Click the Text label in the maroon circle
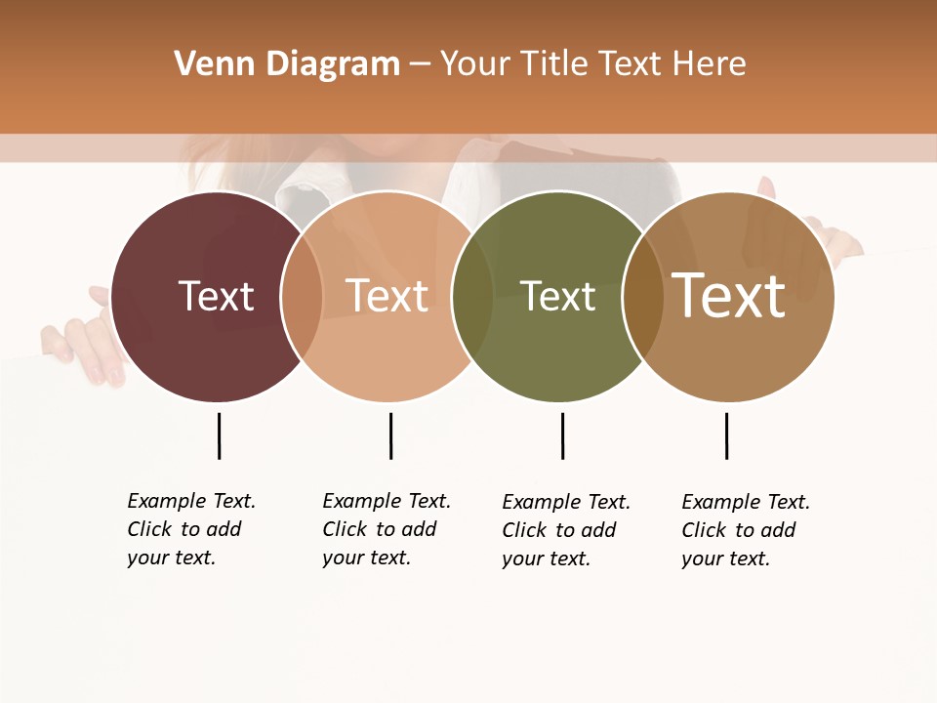pyautogui.click(x=216, y=296)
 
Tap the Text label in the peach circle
pyautogui.click(x=387, y=296)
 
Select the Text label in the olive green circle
pyautogui.click(x=557, y=296)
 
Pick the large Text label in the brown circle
pyautogui.click(x=729, y=296)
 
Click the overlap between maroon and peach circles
pyautogui.click(x=303, y=297)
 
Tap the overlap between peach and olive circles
pyautogui.click(x=472, y=297)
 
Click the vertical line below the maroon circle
pyautogui.click(x=219, y=435)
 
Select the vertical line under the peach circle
pyautogui.click(x=390, y=435)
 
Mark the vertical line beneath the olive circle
pyautogui.click(x=562, y=435)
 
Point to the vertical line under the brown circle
pyautogui.click(x=726, y=435)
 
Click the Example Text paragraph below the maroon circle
pyautogui.click(x=190, y=529)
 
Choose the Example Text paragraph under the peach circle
pyautogui.click(x=386, y=529)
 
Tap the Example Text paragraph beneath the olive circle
pyautogui.click(x=565, y=530)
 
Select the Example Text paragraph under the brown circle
pyautogui.click(x=745, y=530)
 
